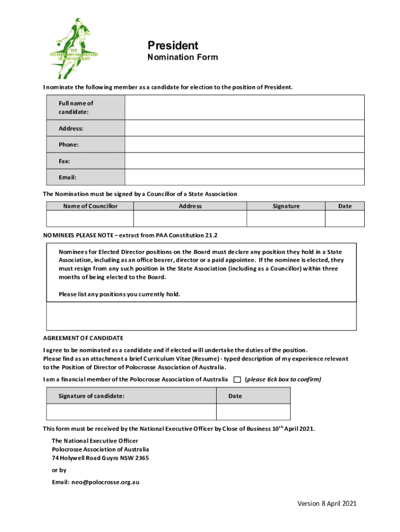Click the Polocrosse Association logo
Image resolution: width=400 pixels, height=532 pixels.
pyautogui.click(x=74, y=48)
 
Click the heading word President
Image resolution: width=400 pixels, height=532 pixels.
pyautogui.click(x=172, y=45)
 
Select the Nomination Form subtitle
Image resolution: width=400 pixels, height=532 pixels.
pyautogui.click(x=182, y=57)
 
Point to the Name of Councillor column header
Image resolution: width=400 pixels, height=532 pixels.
pyautogui.click(x=90, y=206)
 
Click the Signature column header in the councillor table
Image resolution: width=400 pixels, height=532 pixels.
pyautogui.click(x=286, y=206)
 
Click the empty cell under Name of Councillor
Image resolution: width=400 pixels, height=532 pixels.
pyautogui.click(x=90, y=219)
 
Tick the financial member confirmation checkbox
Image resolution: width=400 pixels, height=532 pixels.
pyautogui.click(x=237, y=379)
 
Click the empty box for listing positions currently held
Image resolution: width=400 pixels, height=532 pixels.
pyautogui.click(x=202, y=316)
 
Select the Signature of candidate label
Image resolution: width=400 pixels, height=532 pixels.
pyautogui.click(x=91, y=396)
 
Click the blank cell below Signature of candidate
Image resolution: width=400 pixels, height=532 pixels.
pyautogui.click(x=131, y=411)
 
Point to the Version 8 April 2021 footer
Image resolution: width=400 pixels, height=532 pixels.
pyautogui.click(x=327, y=503)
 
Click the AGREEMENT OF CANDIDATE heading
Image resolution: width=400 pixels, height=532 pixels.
pyautogui.click(x=83, y=338)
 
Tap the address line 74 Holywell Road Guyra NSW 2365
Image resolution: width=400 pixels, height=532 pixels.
pyautogui.click(x=100, y=458)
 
